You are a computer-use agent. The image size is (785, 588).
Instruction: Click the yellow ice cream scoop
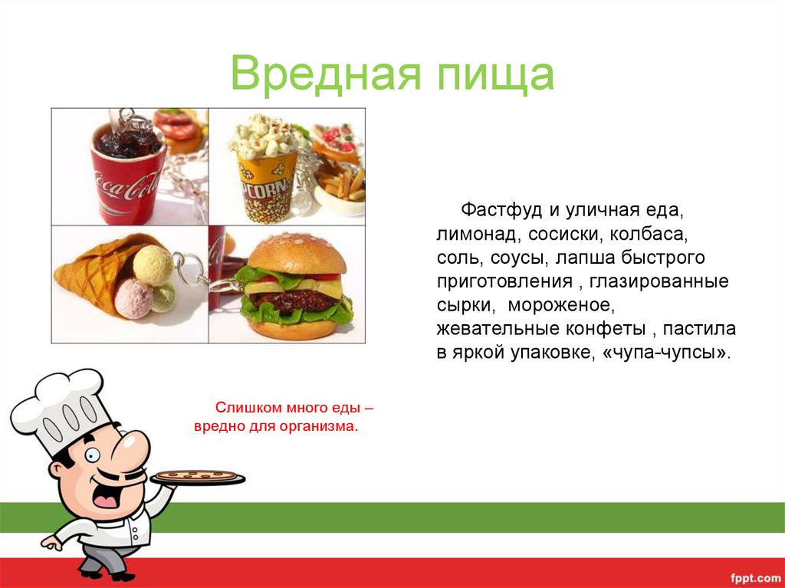click(153, 265)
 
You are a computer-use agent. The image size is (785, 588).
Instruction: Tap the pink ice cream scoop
click(133, 299)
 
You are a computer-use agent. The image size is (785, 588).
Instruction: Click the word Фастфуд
click(501, 210)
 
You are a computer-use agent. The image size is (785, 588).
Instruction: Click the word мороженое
click(560, 306)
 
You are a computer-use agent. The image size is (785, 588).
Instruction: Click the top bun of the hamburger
click(297, 253)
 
